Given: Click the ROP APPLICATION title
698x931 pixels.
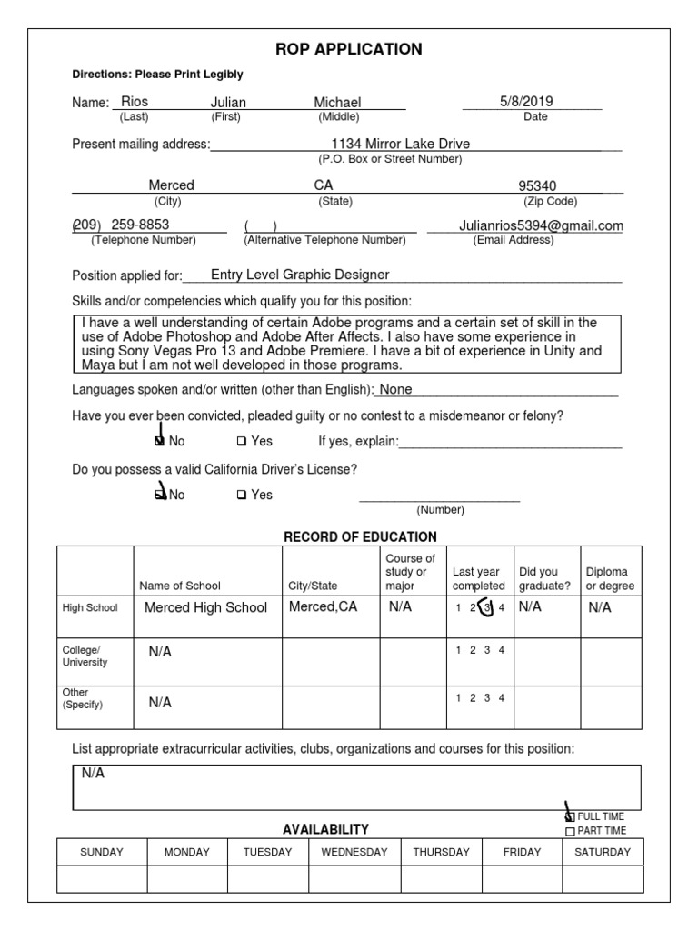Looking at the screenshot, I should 349,49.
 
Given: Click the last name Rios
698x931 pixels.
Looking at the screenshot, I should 134,103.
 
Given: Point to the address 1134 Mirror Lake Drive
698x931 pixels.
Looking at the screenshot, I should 401,144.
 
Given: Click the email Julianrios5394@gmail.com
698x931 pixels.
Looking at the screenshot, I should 541,225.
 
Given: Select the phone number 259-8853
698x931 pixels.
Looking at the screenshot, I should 140,225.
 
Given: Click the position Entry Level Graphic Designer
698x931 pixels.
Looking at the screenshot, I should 300,275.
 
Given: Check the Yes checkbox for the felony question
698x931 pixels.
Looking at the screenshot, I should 242,442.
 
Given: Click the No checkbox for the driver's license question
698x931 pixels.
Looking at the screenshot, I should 161,496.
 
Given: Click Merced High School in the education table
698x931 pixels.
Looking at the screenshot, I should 205,607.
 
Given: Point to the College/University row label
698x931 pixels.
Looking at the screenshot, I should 85,656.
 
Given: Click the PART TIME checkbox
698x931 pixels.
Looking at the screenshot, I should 570,831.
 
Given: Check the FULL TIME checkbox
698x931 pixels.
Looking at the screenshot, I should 570,816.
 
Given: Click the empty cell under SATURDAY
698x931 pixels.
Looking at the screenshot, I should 603,879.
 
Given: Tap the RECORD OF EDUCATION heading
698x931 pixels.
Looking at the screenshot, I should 360,537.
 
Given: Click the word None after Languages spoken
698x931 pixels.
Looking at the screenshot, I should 395,390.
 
